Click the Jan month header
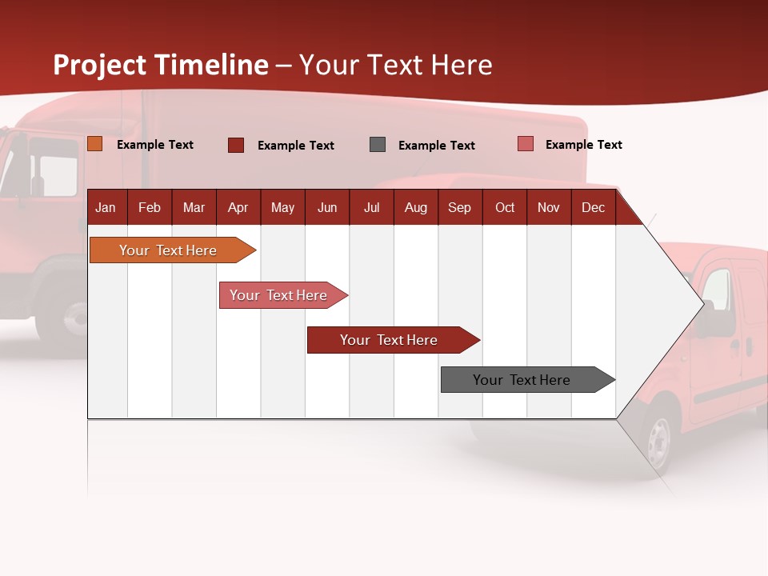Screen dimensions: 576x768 pos(106,207)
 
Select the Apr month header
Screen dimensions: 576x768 pos(238,207)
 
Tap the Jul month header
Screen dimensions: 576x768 pos(371,207)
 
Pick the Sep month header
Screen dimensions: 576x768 pos(459,207)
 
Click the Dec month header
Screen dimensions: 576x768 pos(593,207)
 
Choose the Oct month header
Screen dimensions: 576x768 pos(505,207)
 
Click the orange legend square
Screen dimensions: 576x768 pos(95,144)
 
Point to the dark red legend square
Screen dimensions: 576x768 pos(236,145)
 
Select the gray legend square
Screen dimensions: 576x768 pos(378,145)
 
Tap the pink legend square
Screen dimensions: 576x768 pos(526,144)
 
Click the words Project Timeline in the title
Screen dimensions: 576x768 pos(161,65)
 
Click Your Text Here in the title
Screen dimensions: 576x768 pos(395,65)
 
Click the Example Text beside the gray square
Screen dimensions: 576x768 pos(436,146)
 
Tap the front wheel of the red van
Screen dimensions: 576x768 pos(659,439)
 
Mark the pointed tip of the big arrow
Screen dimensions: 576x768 pos(702,304)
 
